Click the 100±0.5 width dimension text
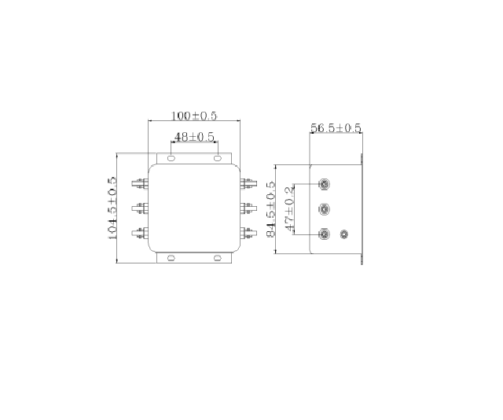point(194,116)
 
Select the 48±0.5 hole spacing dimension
point(194,137)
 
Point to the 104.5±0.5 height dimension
point(112,208)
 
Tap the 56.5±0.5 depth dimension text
point(336,127)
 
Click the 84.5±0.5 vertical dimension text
point(270,209)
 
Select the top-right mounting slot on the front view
point(218,158)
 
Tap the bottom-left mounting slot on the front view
point(171,257)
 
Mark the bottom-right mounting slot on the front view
point(218,257)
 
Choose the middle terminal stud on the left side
point(141,208)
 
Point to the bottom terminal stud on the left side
point(141,233)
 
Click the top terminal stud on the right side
point(248,184)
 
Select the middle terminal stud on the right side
point(248,208)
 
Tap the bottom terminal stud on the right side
point(248,233)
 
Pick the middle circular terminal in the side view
point(324,209)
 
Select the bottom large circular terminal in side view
point(324,234)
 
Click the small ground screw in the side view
point(343,234)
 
